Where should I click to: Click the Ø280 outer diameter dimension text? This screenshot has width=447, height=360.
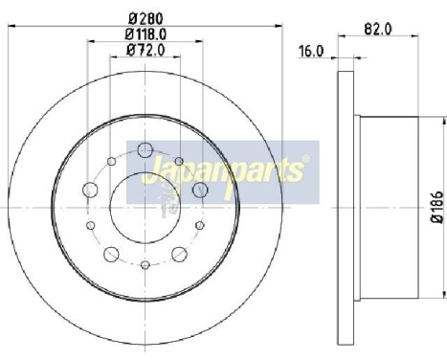[144, 17]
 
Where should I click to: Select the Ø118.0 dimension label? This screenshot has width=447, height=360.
[144, 34]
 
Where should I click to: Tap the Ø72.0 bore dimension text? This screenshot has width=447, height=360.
[144, 52]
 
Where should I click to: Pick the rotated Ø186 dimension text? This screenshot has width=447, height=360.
[436, 208]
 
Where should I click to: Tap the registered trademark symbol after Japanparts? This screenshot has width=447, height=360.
[305, 159]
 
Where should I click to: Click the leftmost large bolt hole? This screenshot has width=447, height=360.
[90, 190]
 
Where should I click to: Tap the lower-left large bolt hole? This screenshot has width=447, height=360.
[111, 254]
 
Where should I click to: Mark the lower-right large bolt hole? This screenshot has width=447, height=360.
[179, 254]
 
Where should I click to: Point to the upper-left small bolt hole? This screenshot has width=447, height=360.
[111, 159]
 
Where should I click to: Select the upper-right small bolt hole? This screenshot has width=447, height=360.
[179, 159]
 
